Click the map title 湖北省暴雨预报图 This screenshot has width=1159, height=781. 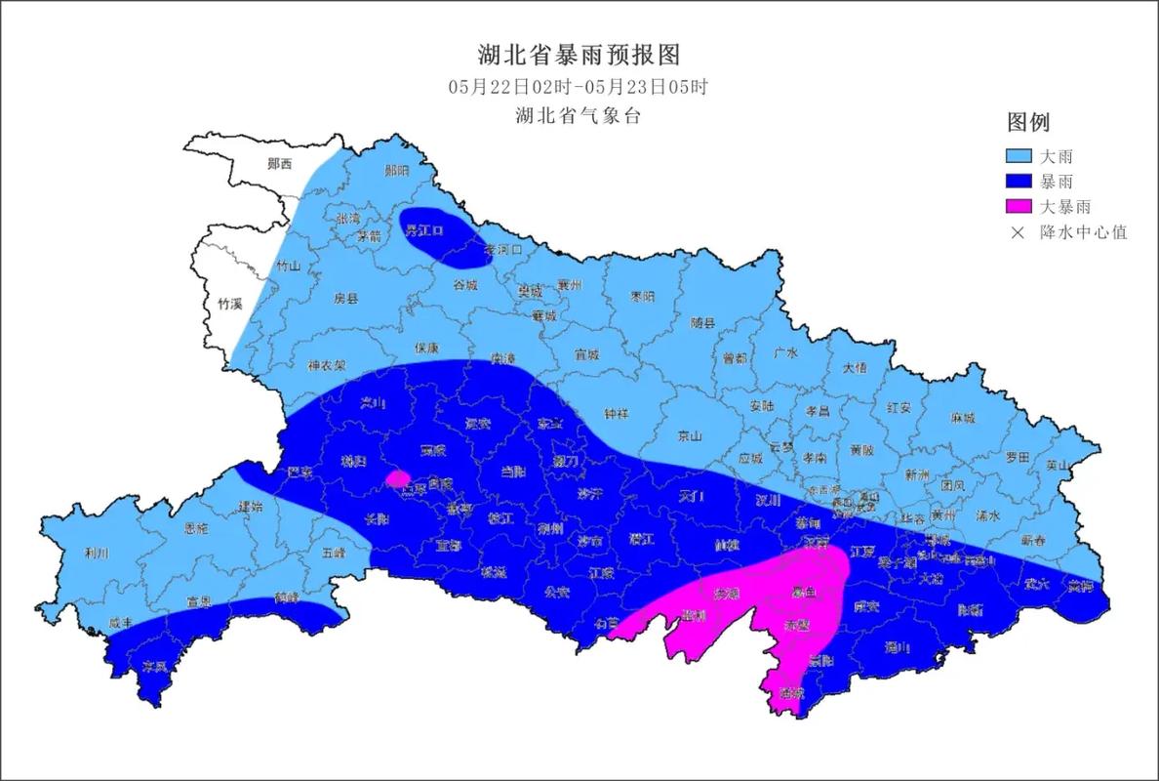click(579, 54)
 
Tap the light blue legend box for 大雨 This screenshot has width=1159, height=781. click(1020, 156)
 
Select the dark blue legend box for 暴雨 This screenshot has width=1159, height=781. click(1020, 182)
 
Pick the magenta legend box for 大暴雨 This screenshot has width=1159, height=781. click(1020, 207)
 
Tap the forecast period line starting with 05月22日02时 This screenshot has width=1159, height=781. click(579, 86)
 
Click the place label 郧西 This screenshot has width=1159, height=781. click(280, 164)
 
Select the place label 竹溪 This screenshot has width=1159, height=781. click(229, 304)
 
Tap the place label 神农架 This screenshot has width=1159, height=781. click(327, 366)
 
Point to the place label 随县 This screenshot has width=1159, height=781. click(702, 322)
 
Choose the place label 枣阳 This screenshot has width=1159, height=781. click(642, 296)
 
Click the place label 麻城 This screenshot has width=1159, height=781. click(962, 418)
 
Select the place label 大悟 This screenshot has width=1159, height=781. click(855, 368)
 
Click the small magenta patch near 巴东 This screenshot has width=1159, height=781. click(397, 478)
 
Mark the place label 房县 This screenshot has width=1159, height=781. click(346, 298)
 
